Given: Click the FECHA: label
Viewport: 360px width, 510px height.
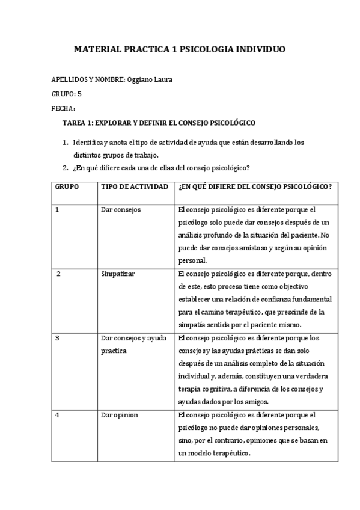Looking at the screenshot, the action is pos(64,109).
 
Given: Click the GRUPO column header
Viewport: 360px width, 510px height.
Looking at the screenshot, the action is pos(67,187).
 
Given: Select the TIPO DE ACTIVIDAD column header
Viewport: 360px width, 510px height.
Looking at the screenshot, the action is pos(134,187).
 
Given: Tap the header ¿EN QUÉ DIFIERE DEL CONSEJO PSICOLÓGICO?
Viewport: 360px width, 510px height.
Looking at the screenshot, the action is pos(255,187).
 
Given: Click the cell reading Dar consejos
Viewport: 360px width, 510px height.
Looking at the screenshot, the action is pos(121,210).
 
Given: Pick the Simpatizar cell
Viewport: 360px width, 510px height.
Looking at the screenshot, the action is pos(118,274).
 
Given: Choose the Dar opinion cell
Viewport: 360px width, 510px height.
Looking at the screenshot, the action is pos(119,415).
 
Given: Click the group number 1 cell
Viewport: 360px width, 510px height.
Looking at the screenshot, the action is pos(57,210).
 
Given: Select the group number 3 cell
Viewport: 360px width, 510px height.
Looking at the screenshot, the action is pos(57,338).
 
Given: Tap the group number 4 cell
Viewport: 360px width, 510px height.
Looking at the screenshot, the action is pos(57,415).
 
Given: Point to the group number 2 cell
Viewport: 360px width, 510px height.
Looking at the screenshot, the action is pos(58,274).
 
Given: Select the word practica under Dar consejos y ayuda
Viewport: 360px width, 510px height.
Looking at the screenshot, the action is pos(114,351).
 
